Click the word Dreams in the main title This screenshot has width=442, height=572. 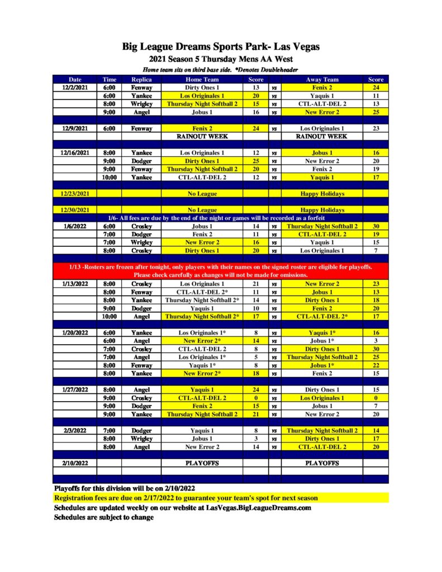(200, 46)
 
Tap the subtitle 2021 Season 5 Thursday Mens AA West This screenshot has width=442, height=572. (221, 59)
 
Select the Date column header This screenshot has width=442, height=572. (75, 79)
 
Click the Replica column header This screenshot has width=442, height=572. (141, 79)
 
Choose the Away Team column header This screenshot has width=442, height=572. (322, 79)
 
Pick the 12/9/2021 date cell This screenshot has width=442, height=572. (75, 128)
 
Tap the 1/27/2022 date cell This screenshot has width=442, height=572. (75, 390)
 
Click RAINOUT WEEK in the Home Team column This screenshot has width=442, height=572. (202, 136)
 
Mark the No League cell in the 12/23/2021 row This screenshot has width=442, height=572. (202, 193)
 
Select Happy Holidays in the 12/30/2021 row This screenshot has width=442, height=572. (322, 209)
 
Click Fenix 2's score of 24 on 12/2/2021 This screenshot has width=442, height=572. (376, 88)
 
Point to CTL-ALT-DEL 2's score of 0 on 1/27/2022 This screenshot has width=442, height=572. (256, 398)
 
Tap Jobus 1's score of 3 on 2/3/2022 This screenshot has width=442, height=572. (256, 438)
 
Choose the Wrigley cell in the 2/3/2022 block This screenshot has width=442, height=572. (141, 438)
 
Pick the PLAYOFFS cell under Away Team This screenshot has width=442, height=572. (322, 463)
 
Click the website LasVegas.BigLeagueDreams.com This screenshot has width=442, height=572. (258, 507)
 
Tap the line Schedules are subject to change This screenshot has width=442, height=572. (104, 517)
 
